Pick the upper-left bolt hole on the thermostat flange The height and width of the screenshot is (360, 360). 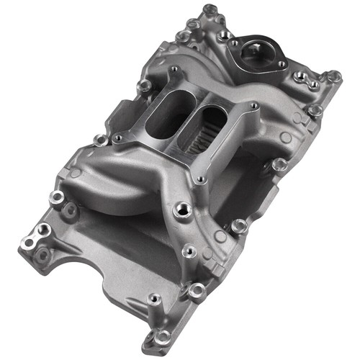234,43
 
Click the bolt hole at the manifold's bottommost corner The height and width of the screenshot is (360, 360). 163,335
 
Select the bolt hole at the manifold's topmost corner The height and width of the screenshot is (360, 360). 210,10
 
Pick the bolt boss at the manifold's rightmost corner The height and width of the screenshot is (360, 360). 333,76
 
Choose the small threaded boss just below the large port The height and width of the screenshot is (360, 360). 190,251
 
